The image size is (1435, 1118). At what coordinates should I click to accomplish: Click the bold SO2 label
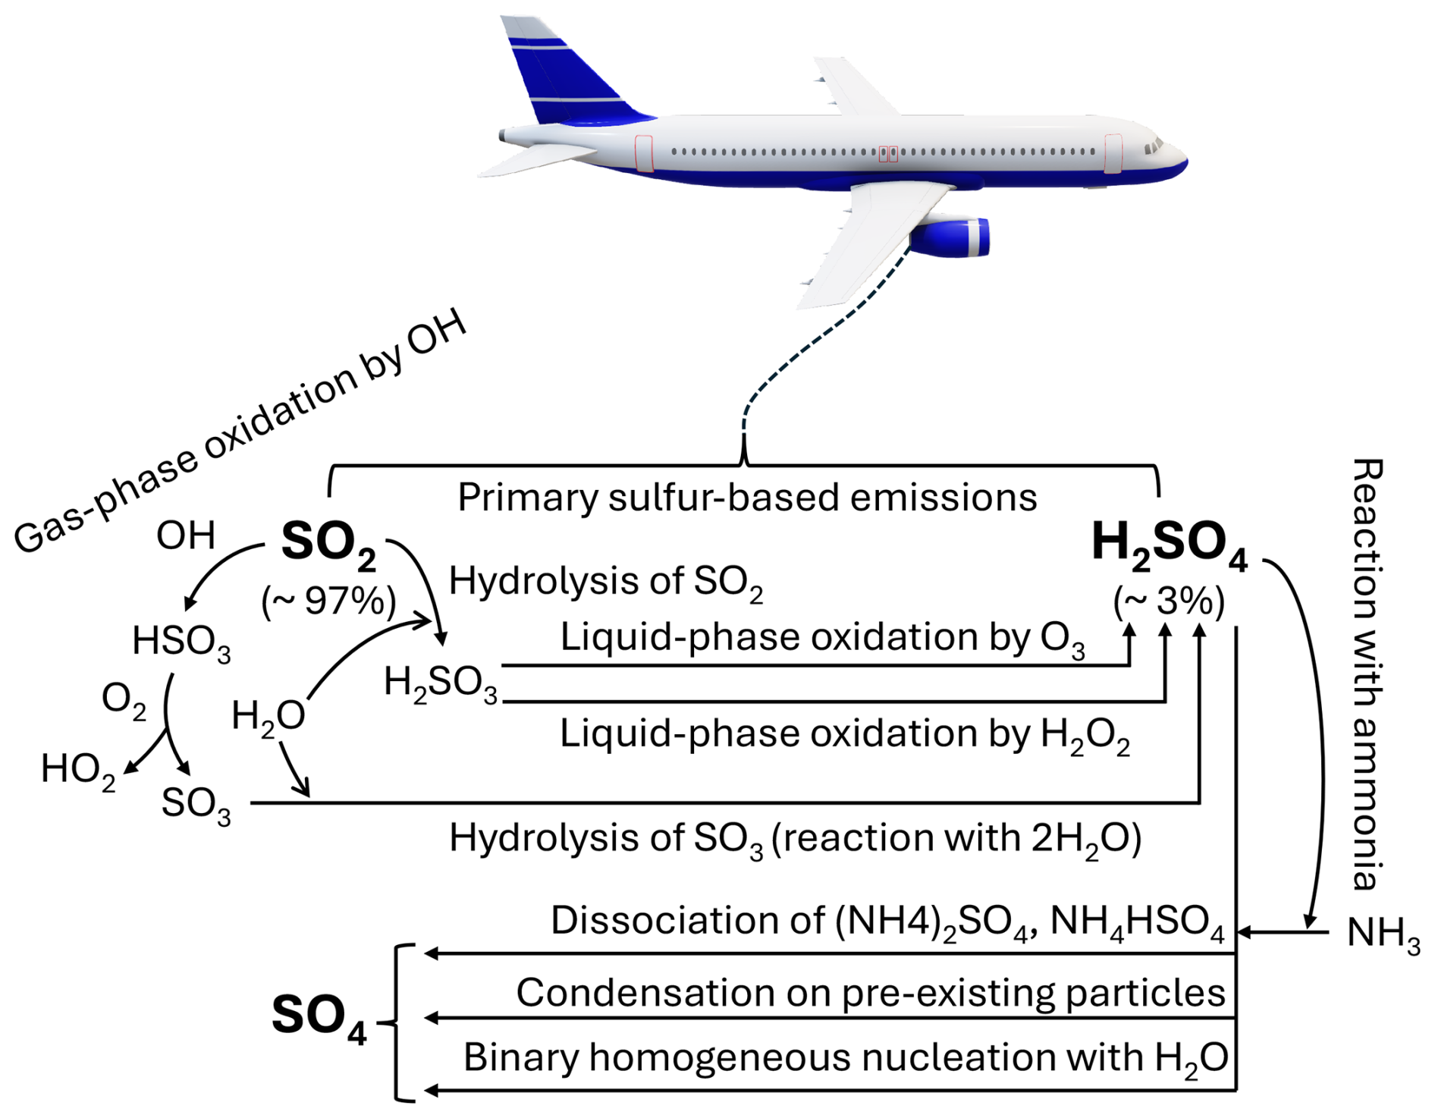pos(328,544)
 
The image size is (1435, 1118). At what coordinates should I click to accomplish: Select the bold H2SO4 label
pos(1169,544)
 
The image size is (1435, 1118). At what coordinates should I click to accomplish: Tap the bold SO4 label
pos(319,1016)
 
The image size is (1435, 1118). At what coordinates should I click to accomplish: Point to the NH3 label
pos(1383,934)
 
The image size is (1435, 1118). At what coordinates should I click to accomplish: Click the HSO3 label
pos(181,642)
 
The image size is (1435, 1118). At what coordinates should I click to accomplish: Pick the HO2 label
pos(78,770)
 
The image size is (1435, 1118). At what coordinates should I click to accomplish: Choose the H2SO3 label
pos(441,683)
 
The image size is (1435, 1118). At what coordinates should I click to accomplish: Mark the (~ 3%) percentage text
pos(1169,603)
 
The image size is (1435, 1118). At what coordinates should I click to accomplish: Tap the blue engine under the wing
pos(952,237)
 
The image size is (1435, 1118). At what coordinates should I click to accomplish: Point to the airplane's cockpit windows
pos(1154,145)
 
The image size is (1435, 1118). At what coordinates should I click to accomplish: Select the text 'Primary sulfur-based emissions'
pos(747,498)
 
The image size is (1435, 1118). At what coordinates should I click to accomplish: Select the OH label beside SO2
pos(186,535)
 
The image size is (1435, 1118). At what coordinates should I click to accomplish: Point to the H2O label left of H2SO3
pos(268,716)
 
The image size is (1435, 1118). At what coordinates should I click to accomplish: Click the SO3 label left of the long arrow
pos(196,804)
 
